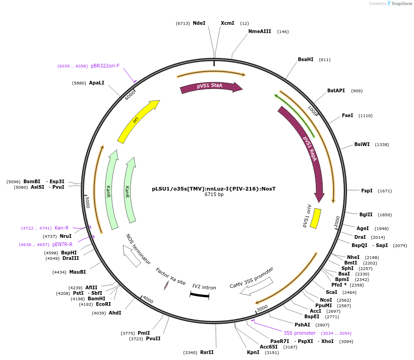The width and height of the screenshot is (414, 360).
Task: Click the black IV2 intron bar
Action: (x=200, y=295)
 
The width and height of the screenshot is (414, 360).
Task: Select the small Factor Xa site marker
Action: (x=166, y=286)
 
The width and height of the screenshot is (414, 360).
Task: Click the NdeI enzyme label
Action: (x=199, y=23)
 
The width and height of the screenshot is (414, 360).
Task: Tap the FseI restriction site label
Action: (x=347, y=116)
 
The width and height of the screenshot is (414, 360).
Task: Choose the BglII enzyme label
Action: (x=366, y=214)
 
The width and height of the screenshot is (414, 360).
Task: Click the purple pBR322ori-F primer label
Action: (x=105, y=66)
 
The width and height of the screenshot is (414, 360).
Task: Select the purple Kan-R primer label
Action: (x=62, y=228)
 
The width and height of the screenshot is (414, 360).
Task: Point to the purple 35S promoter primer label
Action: (x=299, y=333)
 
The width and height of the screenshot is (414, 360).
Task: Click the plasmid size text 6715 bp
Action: (x=214, y=195)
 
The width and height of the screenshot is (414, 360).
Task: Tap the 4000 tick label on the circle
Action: (x=148, y=300)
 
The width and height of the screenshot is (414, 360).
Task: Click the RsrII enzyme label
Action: (x=207, y=353)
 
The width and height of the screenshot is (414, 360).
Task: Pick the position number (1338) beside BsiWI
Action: (x=382, y=145)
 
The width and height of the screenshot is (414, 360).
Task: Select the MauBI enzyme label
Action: (x=78, y=272)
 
